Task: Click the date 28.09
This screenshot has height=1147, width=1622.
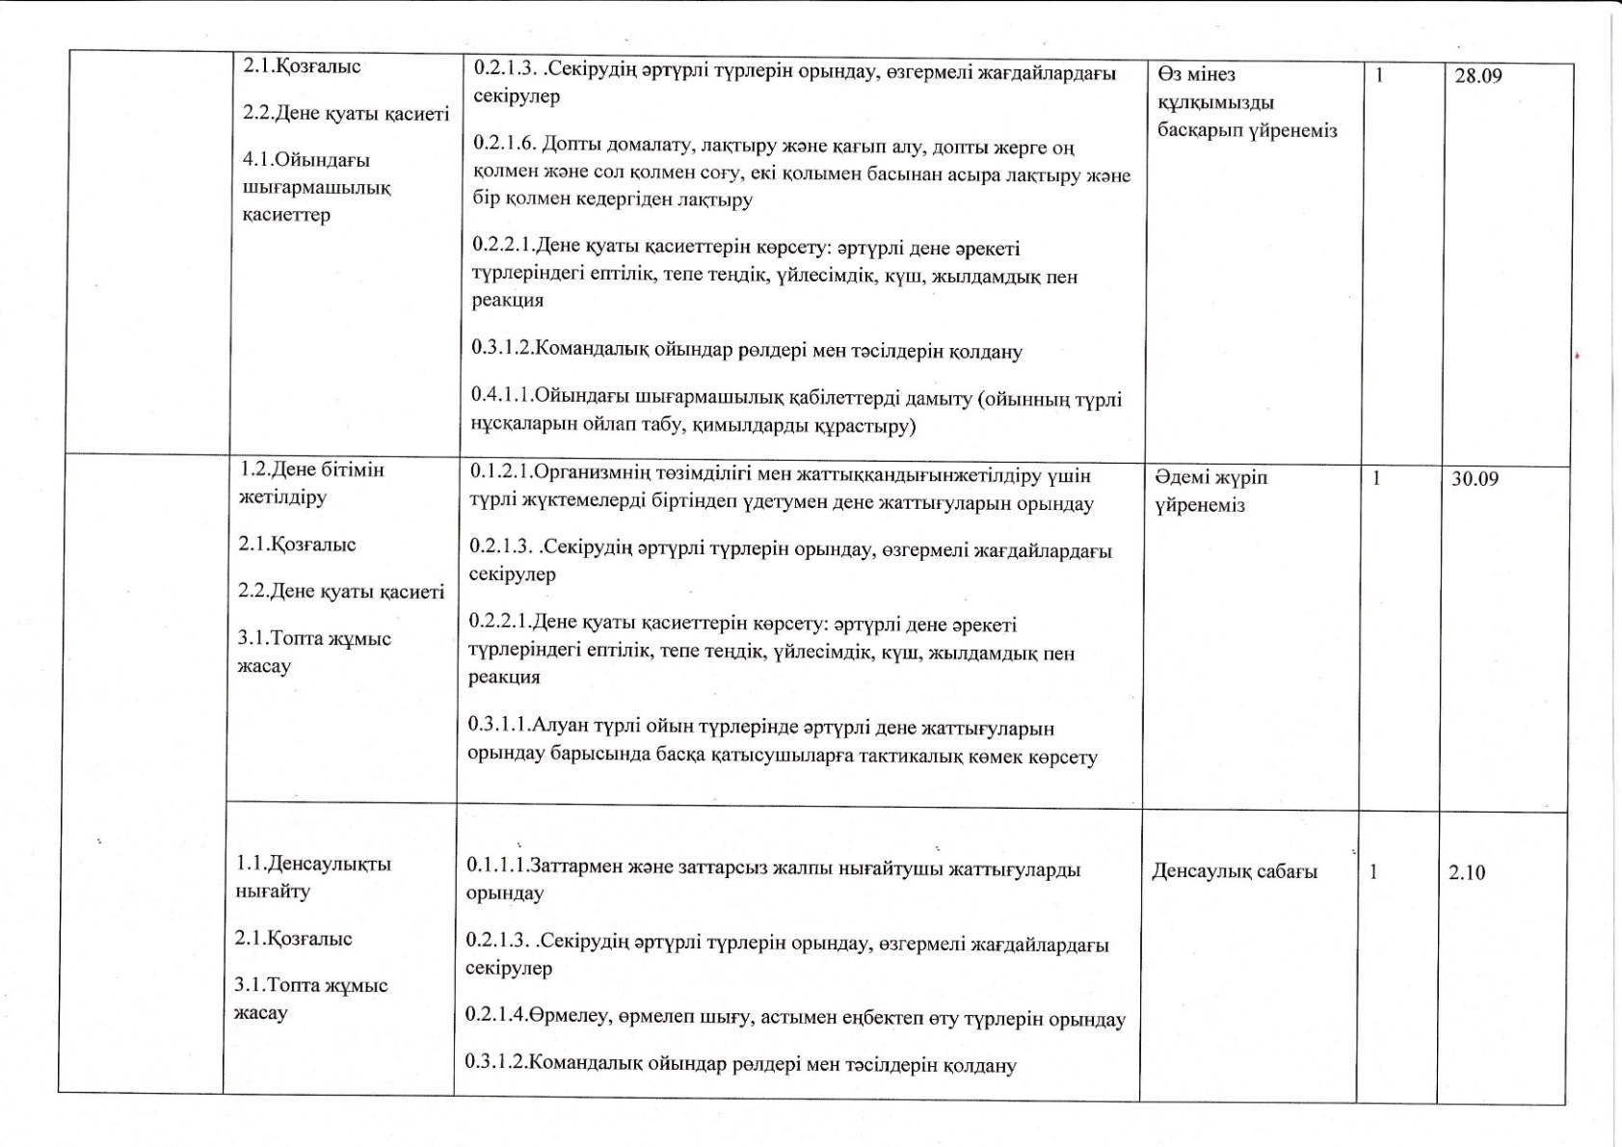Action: [1477, 76]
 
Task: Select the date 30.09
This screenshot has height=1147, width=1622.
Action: [1475, 479]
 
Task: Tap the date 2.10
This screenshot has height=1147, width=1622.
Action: [1466, 873]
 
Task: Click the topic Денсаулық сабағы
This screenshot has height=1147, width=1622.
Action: [1235, 872]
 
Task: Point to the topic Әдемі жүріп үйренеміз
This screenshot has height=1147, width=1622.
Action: [1211, 492]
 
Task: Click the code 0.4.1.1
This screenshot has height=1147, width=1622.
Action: [501, 396]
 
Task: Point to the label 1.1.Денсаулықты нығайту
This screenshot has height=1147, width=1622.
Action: [312, 877]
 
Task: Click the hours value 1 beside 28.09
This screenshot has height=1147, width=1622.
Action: [1379, 74]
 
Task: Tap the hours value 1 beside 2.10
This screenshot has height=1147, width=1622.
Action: [1373, 872]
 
